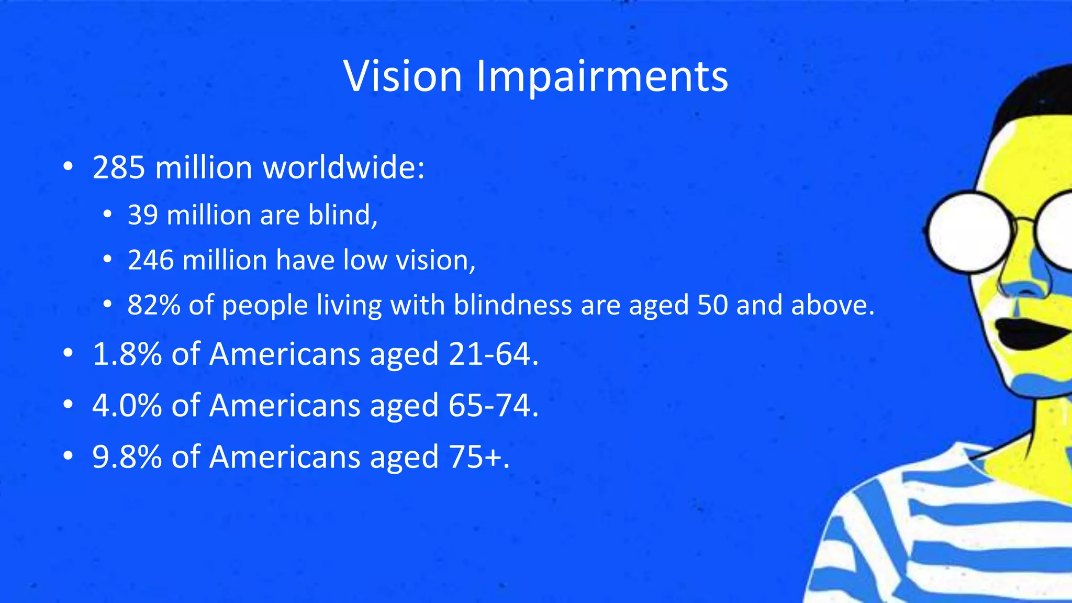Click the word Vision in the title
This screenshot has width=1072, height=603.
[x=402, y=76]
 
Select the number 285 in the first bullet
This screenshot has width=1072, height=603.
[x=118, y=167]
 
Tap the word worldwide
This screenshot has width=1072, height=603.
[x=343, y=167]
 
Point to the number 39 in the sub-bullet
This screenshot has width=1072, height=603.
[x=142, y=215]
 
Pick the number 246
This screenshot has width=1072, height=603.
[x=150, y=260]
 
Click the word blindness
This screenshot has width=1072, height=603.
[x=512, y=305]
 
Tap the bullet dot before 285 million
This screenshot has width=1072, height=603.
[x=68, y=167]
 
